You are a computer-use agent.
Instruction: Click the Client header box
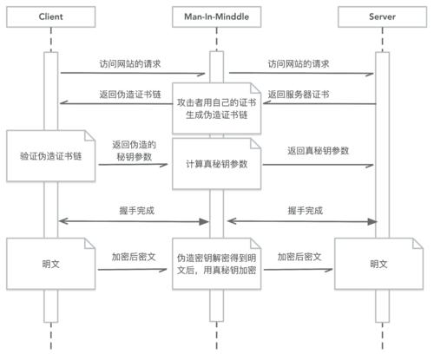(51, 16)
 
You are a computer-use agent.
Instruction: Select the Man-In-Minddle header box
(214, 16)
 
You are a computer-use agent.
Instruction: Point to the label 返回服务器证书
(297, 94)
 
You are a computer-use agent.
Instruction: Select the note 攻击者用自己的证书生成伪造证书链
(214, 108)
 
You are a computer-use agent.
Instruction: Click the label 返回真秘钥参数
(319, 150)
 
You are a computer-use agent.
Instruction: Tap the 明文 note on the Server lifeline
(379, 263)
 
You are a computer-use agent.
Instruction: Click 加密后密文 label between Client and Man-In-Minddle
(133, 258)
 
